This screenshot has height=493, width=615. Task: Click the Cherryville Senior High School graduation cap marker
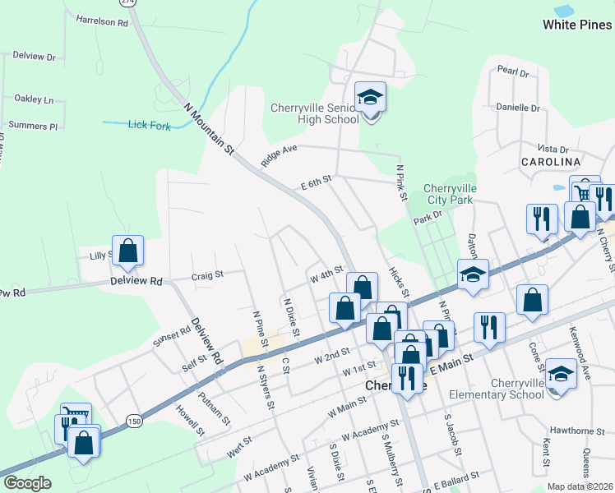(370, 98)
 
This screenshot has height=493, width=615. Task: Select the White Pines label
(577, 25)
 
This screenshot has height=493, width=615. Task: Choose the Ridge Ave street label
(278, 156)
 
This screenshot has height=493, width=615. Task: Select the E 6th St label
(316, 182)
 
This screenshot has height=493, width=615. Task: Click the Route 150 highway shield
(132, 421)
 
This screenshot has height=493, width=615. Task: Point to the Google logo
(27, 483)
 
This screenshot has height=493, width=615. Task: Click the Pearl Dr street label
(513, 72)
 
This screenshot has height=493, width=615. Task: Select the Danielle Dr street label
(518, 108)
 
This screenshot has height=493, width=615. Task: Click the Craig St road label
(207, 276)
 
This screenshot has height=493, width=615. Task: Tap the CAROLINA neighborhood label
(551, 162)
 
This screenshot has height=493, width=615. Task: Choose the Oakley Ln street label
(34, 99)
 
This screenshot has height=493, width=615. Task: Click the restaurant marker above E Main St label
(489, 327)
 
